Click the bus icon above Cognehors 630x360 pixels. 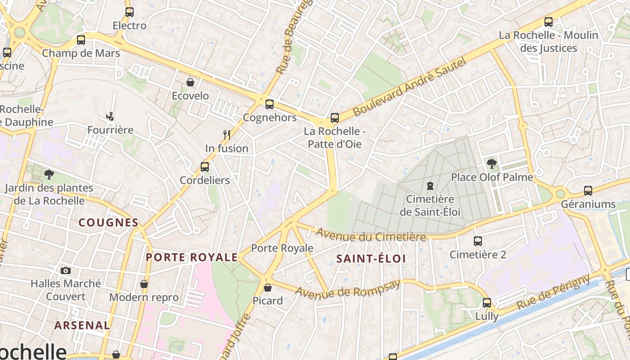coord(269,104)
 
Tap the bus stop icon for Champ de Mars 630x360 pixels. coord(81,40)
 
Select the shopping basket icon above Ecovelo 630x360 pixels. coord(190,83)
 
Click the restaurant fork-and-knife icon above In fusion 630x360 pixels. coord(227,135)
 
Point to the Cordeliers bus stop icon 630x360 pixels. coord(205,167)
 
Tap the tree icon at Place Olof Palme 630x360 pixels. coord(491,164)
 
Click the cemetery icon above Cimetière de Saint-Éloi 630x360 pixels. coord(430,185)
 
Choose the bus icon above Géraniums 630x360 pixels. coord(588,191)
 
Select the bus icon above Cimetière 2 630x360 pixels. coord(478,241)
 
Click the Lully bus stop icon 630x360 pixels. coord(487,303)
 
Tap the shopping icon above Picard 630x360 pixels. coord(268,287)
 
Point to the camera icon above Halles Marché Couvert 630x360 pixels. coord(66,270)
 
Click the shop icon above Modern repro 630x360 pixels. coord(144,284)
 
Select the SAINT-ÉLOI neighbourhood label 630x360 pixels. coord(371,258)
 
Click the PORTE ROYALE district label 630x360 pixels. coord(192,257)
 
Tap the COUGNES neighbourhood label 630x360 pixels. coord(108,222)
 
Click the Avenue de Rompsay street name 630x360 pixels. coord(347,288)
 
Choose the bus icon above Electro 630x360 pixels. coord(130,12)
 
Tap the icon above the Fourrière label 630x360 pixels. coord(110,117)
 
